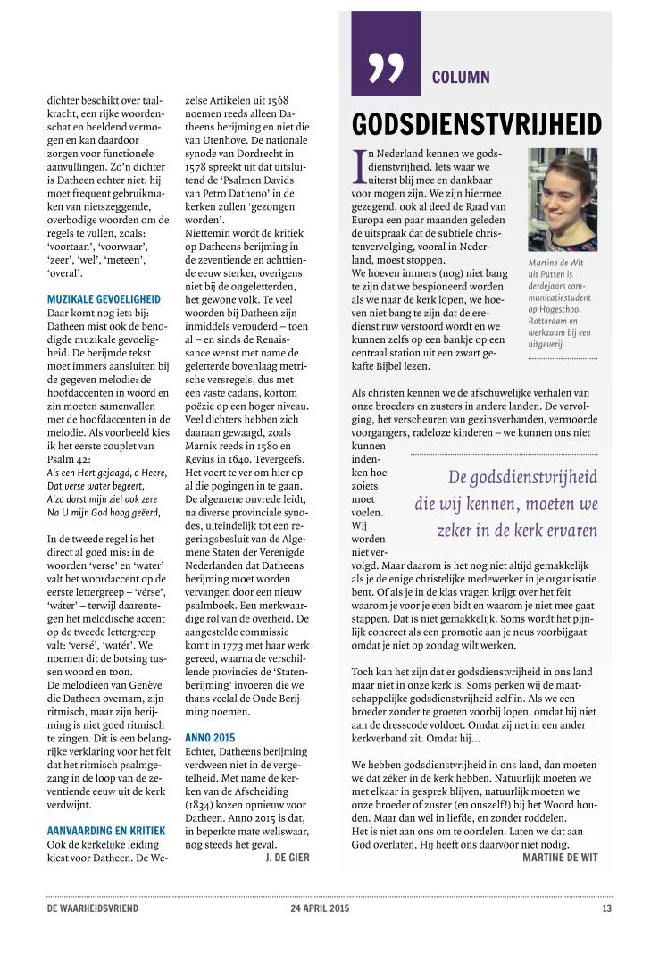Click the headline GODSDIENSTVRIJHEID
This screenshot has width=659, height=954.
click(477, 124)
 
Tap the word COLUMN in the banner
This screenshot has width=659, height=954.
click(460, 78)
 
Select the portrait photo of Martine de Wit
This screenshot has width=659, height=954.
click(563, 200)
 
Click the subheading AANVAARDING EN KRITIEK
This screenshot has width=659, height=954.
click(105, 831)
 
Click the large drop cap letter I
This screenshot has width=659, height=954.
click(360, 163)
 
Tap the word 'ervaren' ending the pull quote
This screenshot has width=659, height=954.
click(565, 530)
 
